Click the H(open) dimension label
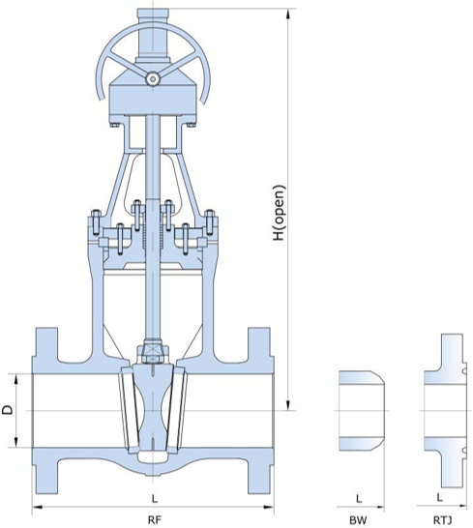(279, 212)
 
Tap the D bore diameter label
(8, 410)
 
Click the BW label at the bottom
(358, 519)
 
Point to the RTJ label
(442, 519)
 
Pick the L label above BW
(358, 498)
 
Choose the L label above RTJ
(441, 498)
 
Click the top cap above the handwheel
(152, 16)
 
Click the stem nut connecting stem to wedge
(152, 354)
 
